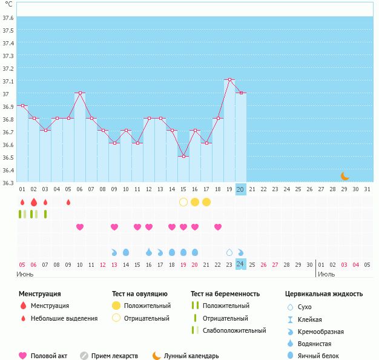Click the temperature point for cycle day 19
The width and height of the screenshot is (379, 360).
pos(229,80)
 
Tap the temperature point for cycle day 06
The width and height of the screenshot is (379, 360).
pos(79,93)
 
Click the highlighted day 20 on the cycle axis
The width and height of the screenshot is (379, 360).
pos(240,189)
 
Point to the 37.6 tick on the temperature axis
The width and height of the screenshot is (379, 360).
pos(8,18)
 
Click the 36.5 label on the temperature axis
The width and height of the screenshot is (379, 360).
pos(8,157)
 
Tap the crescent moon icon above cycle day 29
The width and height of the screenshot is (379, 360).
pos(344,176)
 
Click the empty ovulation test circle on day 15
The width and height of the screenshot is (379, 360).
pos(183,201)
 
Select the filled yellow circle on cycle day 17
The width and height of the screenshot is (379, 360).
pos(206,201)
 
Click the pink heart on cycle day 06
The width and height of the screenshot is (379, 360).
pos(79,227)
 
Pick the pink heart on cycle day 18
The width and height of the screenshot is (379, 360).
pos(218,227)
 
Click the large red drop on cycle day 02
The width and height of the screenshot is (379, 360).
pos(33,201)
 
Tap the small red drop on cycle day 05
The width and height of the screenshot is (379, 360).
pos(68,201)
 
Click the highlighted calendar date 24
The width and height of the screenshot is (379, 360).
pos(240,264)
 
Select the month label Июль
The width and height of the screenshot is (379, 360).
pos(326,274)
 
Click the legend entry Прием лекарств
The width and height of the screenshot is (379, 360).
pos(114,356)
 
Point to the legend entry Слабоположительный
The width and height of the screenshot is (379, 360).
pos(234,330)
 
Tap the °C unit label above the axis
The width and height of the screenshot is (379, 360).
pos(8,4)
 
